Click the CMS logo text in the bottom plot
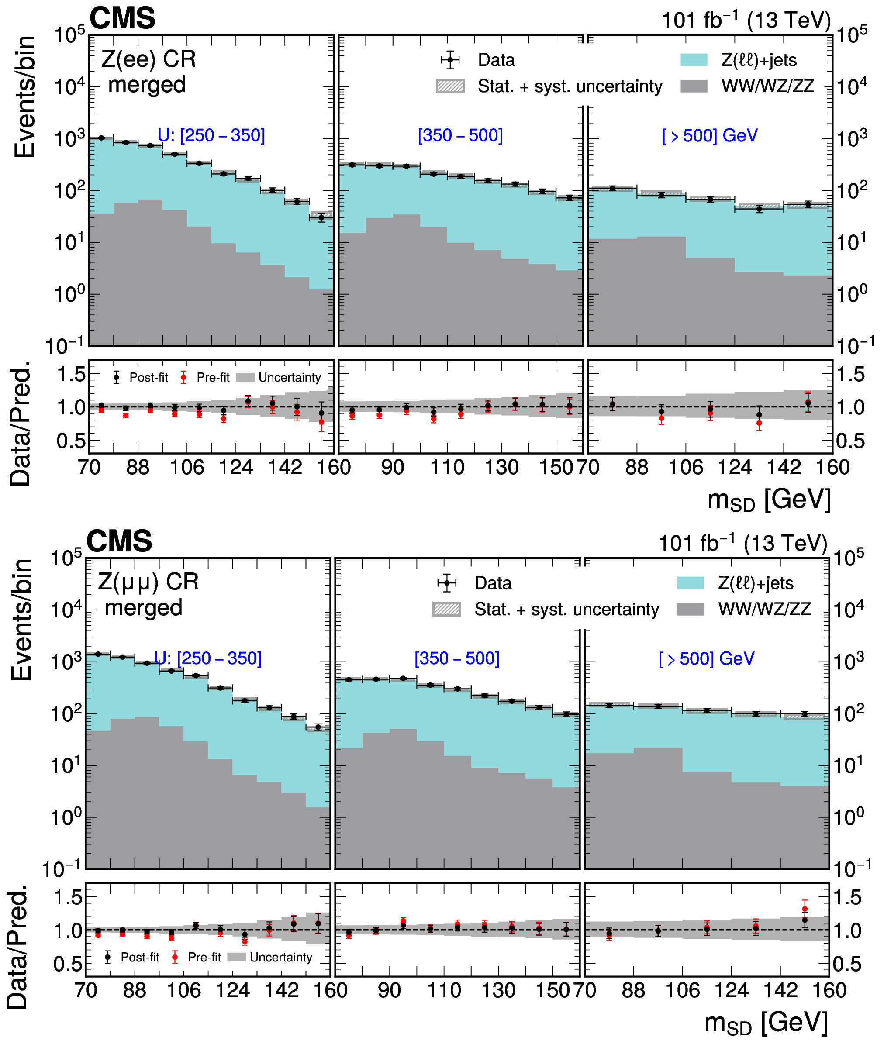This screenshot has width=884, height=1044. coord(119,541)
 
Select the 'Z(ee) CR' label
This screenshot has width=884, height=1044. coord(148,60)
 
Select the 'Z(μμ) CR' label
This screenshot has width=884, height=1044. coord(148,582)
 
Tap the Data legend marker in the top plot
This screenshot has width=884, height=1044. coord(450,60)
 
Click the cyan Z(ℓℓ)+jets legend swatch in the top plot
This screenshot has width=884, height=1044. coord(694,60)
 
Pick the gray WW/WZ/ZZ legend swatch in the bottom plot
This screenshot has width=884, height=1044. coord(691,609)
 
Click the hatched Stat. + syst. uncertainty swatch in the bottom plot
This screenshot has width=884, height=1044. coord(446,609)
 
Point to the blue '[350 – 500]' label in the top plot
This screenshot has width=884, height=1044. coord(460,135)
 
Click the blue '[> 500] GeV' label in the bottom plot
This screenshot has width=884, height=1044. coord(707,658)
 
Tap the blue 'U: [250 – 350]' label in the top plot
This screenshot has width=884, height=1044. coord(211,135)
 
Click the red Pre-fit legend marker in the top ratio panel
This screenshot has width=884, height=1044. coord(184,378)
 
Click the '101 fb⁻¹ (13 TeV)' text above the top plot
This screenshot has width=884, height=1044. coord(746,20)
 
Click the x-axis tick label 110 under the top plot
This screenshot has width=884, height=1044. coord(447,467)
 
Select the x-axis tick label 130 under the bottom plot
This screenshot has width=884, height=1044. coord(498,990)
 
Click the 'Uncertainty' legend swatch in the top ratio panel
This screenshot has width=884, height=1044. coord(245,378)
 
